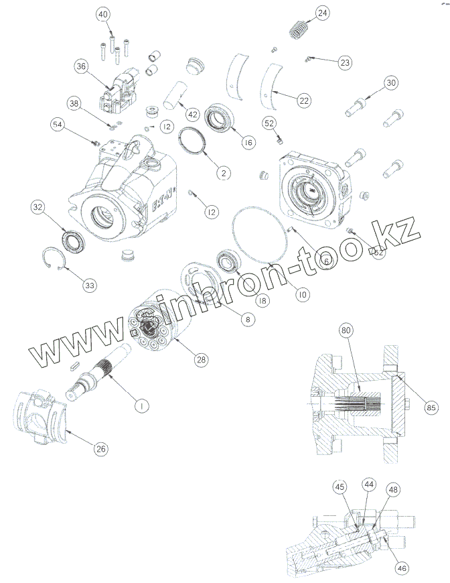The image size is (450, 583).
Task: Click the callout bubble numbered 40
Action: (x=102, y=15)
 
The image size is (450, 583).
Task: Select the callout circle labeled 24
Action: (x=323, y=13)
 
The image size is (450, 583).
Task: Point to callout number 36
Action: (x=81, y=66)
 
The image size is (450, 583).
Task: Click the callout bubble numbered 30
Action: (x=391, y=83)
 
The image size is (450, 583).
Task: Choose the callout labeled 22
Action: (x=304, y=101)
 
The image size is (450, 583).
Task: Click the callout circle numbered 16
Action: (x=248, y=143)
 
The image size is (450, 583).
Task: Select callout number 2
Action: (x=222, y=173)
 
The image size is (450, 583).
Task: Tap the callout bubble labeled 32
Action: (x=37, y=208)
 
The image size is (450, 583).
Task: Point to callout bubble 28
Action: (x=200, y=359)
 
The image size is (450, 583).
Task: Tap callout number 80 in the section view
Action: (x=346, y=330)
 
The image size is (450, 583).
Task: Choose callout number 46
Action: (x=400, y=568)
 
